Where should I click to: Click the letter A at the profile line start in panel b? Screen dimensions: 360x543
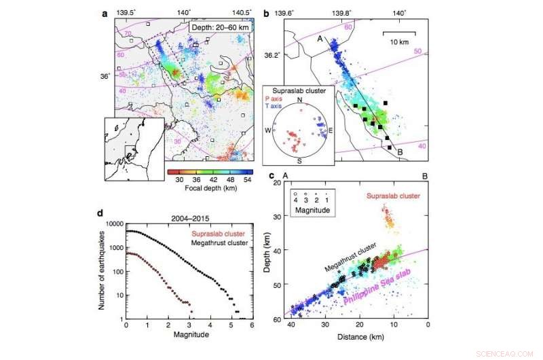tap(318, 39)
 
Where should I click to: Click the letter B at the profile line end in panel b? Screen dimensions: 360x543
tap(400, 152)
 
